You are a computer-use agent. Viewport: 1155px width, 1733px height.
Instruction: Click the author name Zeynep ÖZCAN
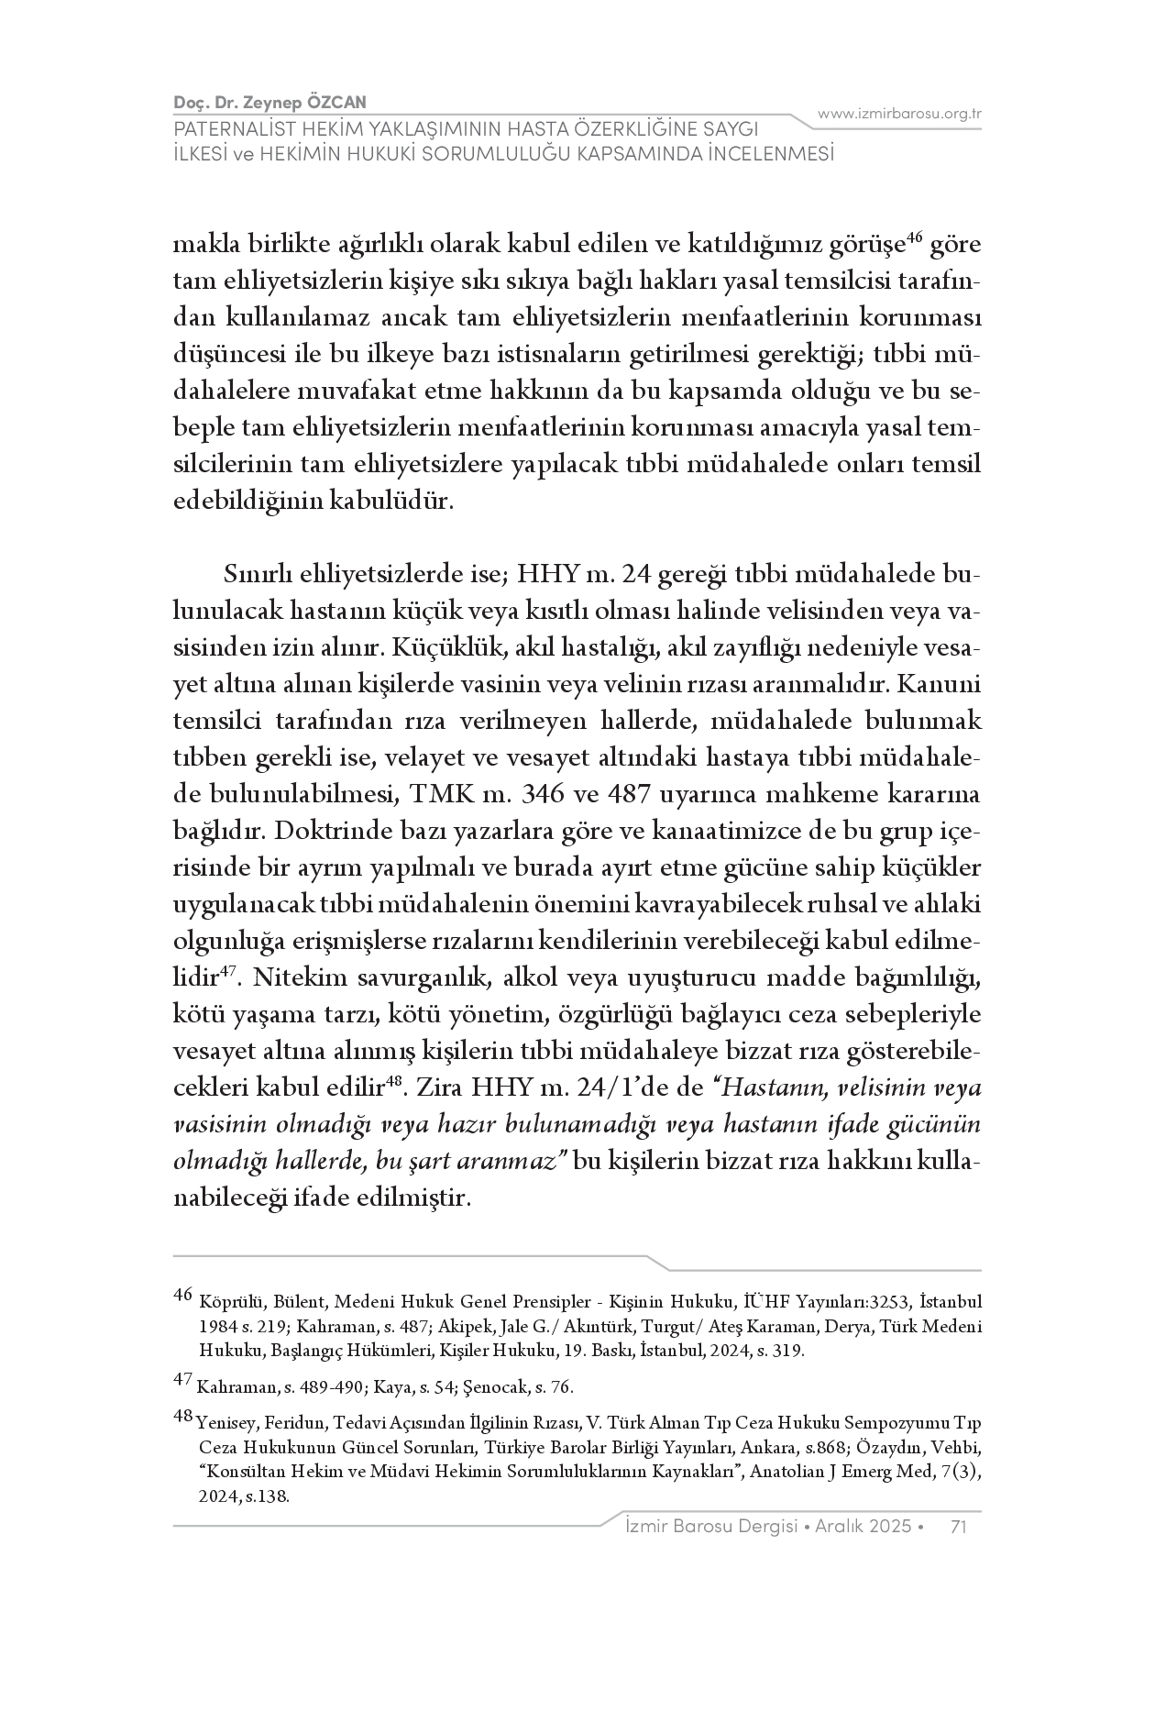(x=310, y=103)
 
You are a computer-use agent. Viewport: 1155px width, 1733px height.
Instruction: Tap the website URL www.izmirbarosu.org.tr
(x=899, y=114)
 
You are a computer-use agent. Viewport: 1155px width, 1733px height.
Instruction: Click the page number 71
(x=960, y=1526)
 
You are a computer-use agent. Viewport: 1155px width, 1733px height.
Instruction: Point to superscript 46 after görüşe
(x=913, y=239)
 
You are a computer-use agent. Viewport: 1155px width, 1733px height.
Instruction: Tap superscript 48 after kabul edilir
(x=394, y=1082)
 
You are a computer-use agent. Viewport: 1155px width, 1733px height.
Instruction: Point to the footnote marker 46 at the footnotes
(x=182, y=1295)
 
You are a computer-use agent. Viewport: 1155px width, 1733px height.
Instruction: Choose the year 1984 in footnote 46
(x=215, y=1327)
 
